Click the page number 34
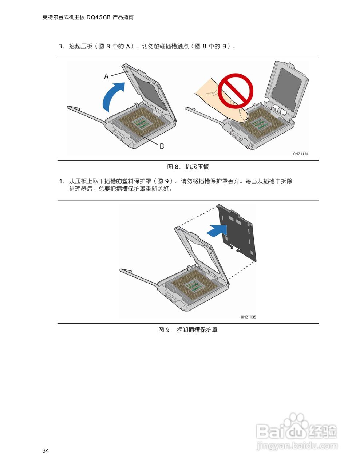click(x=46, y=451)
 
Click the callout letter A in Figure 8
click(x=106, y=76)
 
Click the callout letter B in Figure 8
click(x=162, y=146)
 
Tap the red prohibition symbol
click(x=236, y=91)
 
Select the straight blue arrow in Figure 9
click(x=217, y=230)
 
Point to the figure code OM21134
click(x=301, y=154)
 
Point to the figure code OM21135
click(x=248, y=317)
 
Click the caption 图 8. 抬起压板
click(x=188, y=167)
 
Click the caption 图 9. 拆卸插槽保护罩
click(x=188, y=330)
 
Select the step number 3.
click(x=61, y=46)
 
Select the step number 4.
click(x=61, y=181)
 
